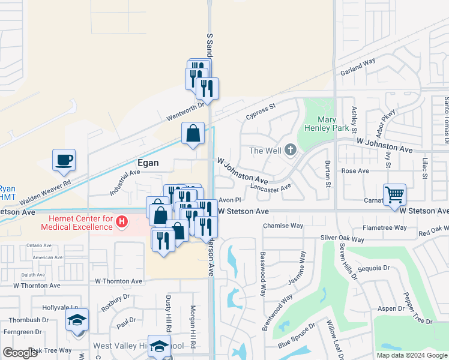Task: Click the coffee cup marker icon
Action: point(64,160)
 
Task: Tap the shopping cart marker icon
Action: point(394,194)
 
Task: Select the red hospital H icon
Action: point(122,223)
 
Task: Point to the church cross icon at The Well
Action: point(291,149)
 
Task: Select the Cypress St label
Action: point(259,110)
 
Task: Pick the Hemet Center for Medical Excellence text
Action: point(76,223)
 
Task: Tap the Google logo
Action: point(20,353)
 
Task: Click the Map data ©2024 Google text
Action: point(411,355)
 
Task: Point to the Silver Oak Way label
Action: point(342,238)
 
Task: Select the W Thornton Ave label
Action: point(118,281)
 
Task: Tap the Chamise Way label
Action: point(283,226)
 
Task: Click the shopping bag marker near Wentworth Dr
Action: point(193,135)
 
